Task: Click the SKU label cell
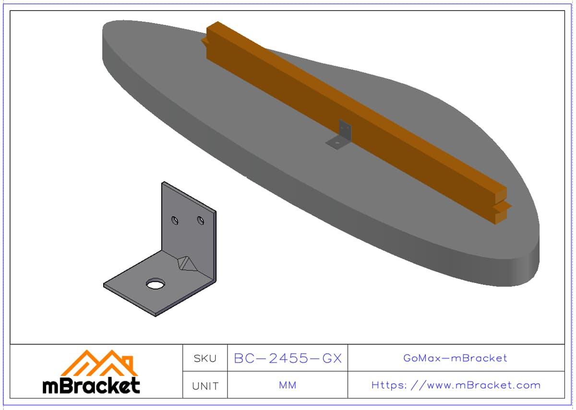click(x=205, y=358)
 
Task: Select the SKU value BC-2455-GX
click(x=288, y=358)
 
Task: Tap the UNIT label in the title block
click(x=205, y=386)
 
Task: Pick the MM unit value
click(x=288, y=385)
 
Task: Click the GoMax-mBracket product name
click(x=455, y=358)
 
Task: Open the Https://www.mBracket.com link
click(x=456, y=386)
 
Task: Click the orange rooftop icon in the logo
click(x=99, y=363)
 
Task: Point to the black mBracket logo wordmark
click(x=91, y=386)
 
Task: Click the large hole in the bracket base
click(x=156, y=283)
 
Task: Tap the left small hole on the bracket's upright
click(x=175, y=220)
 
